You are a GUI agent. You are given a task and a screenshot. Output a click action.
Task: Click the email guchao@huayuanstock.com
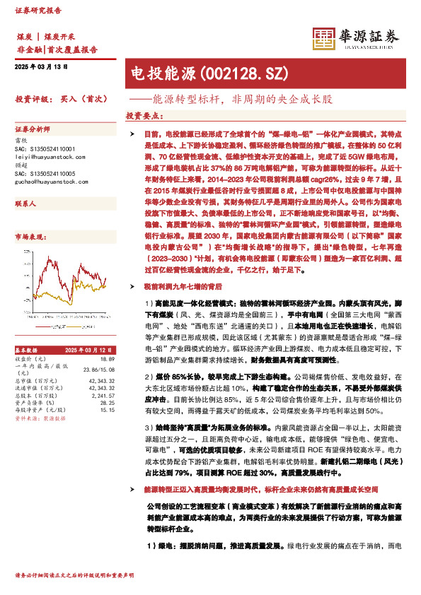49,182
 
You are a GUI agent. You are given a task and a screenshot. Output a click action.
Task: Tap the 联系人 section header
25,204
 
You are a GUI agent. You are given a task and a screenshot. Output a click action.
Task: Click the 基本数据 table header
29,350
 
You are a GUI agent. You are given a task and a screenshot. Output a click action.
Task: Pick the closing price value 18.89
108,359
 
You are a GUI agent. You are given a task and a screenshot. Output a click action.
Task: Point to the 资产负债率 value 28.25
108,403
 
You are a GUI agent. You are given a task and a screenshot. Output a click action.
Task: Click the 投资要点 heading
144,115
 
